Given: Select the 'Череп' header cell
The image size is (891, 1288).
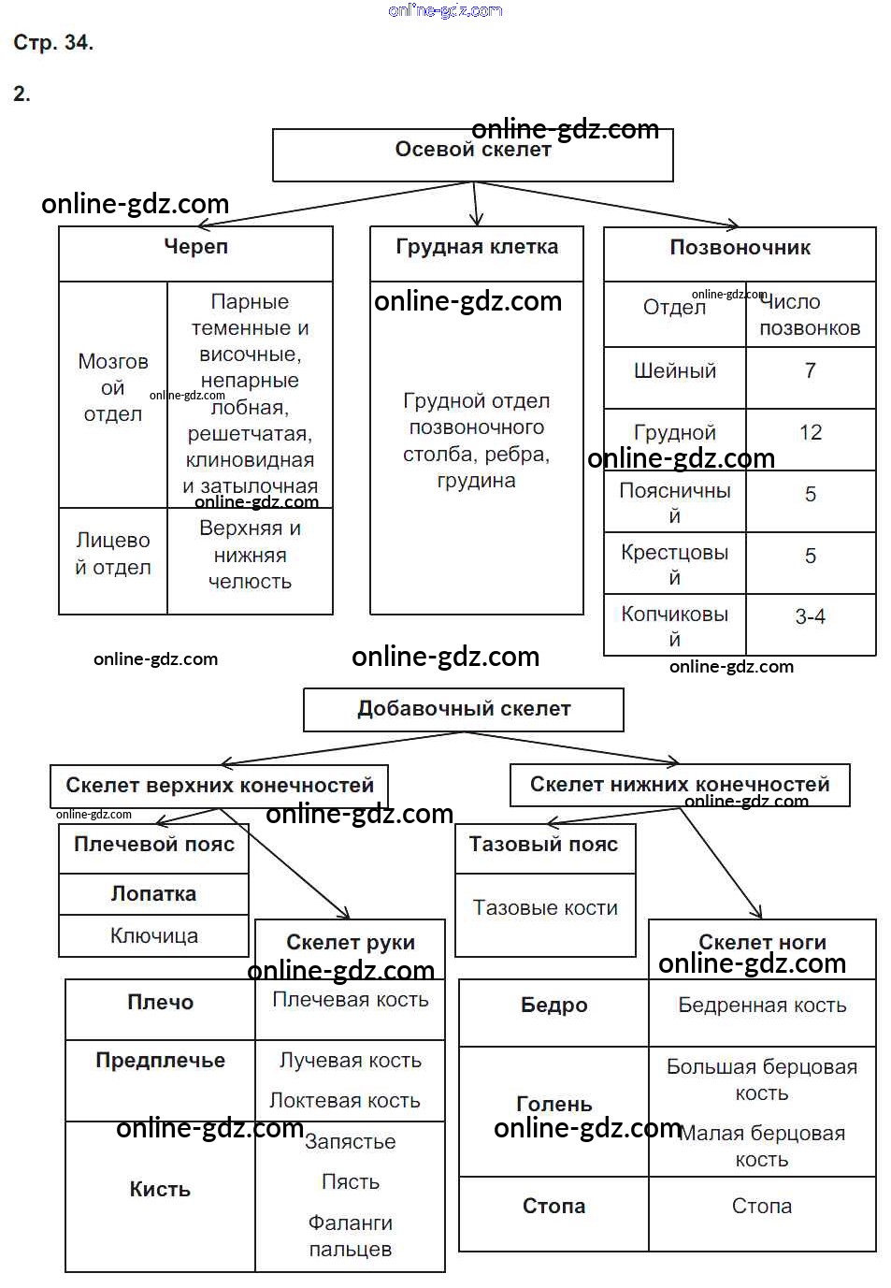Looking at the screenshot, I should (195, 248).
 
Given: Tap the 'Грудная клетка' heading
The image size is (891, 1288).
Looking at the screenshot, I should (477, 248).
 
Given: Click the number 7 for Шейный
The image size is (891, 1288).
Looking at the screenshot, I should (810, 371).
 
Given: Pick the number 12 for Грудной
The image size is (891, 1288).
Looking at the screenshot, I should (810, 433).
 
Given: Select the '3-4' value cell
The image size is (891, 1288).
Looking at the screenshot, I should (810, 617).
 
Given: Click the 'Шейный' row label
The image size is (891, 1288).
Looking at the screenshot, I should (675, 371).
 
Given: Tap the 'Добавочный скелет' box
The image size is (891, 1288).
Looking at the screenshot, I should (464, 709).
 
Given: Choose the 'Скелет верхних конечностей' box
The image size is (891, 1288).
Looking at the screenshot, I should (219, 786).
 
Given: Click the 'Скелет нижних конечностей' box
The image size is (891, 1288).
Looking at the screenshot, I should (680, 785).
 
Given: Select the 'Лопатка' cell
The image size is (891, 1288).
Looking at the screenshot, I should (153, 894).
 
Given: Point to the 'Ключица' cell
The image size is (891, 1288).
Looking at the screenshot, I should (153, 936).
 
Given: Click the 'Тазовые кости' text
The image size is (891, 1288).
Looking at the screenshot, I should (545, 908).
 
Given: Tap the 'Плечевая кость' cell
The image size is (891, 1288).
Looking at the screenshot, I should (351, 1001).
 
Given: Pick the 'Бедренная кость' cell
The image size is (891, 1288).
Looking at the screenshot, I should (762, 1006).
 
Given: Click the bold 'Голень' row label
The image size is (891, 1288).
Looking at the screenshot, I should (553, 1106).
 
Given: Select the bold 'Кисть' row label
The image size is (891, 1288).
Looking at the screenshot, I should (160, 1191).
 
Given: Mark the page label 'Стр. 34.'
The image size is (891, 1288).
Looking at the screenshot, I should (53, 43).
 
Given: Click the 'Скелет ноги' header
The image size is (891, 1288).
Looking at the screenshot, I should (762, 943).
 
